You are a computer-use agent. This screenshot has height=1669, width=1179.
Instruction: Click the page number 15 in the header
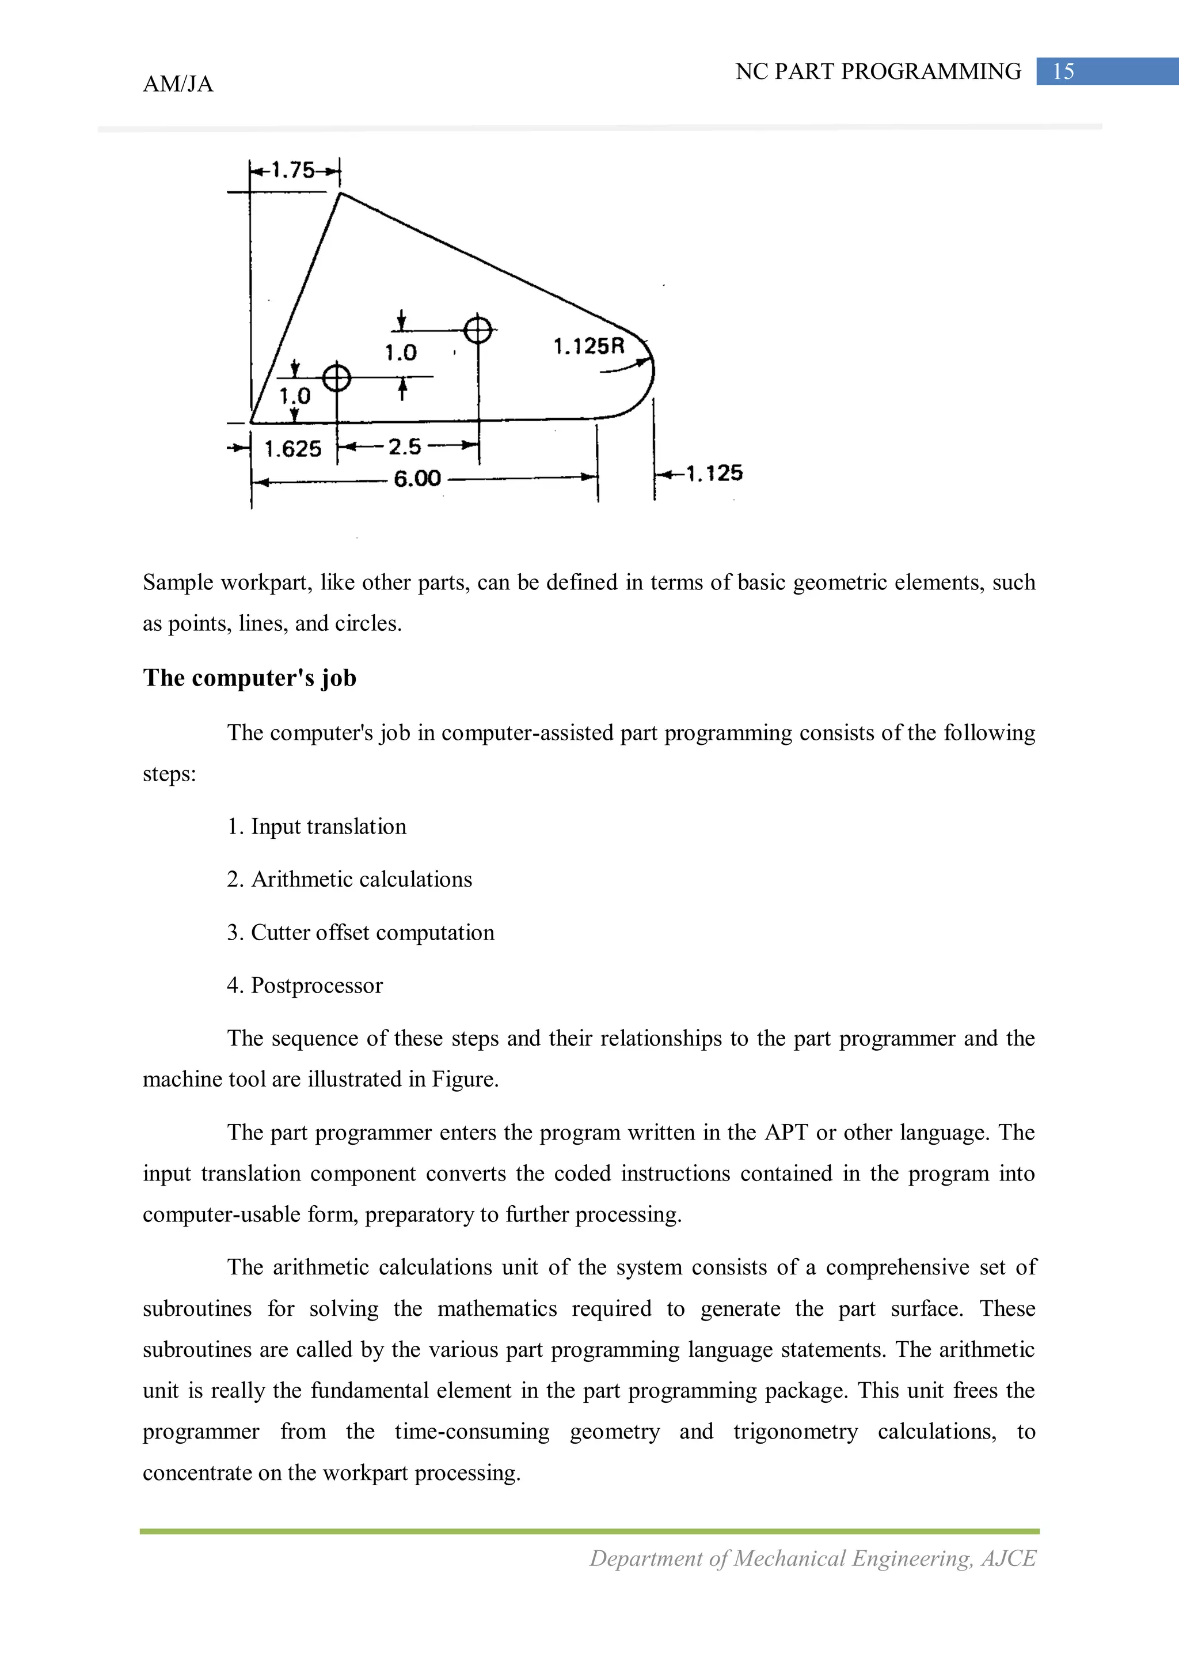click(1063, 71)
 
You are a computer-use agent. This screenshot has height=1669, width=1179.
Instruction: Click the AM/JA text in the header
click(178, 84)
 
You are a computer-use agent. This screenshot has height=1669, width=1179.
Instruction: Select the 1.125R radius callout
click(588, 346)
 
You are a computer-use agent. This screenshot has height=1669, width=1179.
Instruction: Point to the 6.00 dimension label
click(417, 478)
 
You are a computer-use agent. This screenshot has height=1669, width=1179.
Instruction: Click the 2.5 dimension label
click(405, 446)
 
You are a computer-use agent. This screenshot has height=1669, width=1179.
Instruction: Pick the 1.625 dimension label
click(293, 449)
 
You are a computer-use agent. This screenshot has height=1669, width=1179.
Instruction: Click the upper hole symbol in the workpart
click(478, 330)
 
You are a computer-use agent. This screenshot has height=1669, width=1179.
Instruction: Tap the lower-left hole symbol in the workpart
click(336, 378)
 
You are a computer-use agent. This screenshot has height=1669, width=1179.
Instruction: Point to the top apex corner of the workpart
click(341, 194)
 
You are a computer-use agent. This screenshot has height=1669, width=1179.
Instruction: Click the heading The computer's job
click(249, 678)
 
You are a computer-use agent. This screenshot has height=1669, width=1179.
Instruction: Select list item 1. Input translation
click(317, 827)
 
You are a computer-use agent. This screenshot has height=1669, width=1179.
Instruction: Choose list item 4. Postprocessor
click(305, 985)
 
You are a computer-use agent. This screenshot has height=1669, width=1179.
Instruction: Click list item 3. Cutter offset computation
click(360, 932)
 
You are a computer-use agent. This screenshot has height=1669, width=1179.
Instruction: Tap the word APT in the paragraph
click(786, 1133)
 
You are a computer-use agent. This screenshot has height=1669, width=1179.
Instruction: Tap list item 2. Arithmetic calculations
click(349, 880)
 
